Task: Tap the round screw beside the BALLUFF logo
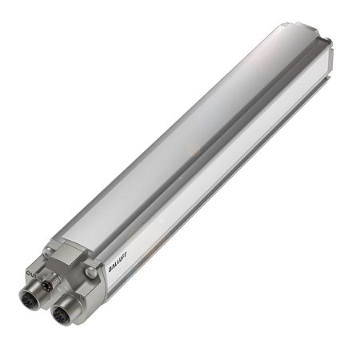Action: [x=90, y=272]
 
